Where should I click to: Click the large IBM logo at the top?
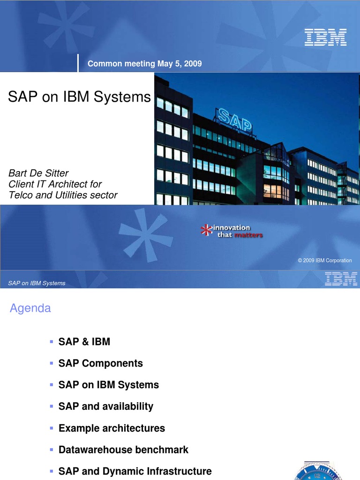coord(325,37)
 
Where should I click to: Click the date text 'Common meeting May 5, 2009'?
coord(145,64)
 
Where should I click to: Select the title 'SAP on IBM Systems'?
coord(80,97)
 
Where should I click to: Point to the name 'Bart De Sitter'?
coord(39,173)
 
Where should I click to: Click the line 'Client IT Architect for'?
coord(55,184)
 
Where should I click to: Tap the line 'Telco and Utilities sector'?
coord(63,195)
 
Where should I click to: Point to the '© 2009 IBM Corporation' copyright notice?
coord(325,261)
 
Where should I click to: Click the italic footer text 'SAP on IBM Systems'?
coord(37,283)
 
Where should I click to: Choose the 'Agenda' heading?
coord(30,308)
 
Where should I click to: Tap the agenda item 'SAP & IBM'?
coord(84,342)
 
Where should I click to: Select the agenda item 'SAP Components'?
coord(100,363)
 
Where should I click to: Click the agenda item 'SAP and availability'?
coord(106,406)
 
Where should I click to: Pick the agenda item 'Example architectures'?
coord(112,428)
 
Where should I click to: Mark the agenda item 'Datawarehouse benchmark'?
coord(123,450)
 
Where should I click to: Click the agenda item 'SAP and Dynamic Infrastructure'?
coord(135,471)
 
